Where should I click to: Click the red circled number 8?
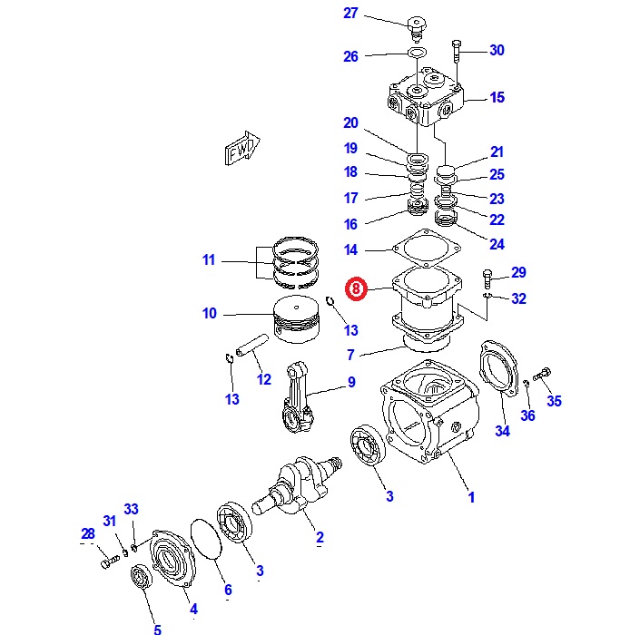point(357,289)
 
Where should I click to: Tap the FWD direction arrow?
point(242,149)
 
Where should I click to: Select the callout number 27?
point(351,13)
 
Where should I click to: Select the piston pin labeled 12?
point(251,347)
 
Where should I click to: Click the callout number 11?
point(209,260)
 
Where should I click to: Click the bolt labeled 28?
point(107,562)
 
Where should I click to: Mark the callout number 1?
point(470,497)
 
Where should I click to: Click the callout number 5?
point(156,629)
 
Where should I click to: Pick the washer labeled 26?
point(417,54)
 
